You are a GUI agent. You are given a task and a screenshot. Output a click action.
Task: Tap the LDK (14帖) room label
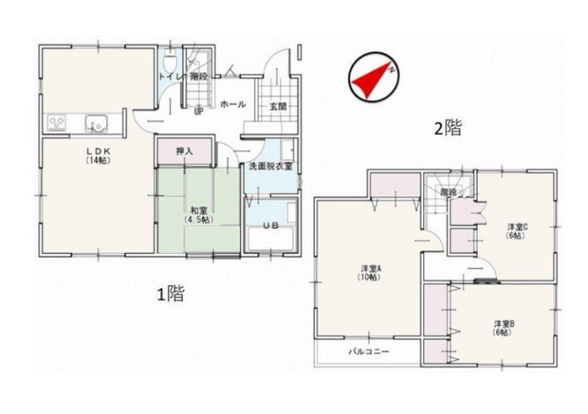[98, 156]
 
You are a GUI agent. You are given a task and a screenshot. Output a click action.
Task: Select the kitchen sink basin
[96, 123]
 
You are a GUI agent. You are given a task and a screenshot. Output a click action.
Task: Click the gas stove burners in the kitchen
[57, 123]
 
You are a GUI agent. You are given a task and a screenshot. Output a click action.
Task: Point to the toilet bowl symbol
[171, 62]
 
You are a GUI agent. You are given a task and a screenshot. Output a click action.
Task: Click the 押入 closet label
[184, 151]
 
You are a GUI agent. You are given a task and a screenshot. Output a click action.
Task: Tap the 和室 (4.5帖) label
[199, 216]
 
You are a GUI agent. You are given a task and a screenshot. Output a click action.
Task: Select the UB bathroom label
[270, 225]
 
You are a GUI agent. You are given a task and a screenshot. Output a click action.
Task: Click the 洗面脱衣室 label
[270, 167]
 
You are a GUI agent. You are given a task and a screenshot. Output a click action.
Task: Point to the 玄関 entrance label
[279, 106]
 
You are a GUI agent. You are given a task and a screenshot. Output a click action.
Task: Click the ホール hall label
[233, 104]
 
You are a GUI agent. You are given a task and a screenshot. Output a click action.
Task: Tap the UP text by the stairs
[198, 112]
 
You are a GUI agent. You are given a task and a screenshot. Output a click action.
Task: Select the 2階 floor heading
[448, 128]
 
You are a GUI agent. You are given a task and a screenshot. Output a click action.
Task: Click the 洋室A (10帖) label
[371, 273]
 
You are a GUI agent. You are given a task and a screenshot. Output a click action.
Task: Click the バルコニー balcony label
[369, 352]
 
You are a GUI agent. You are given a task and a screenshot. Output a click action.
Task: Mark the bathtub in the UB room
[270, 239]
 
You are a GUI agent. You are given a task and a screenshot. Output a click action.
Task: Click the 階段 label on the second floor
[448, 192]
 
